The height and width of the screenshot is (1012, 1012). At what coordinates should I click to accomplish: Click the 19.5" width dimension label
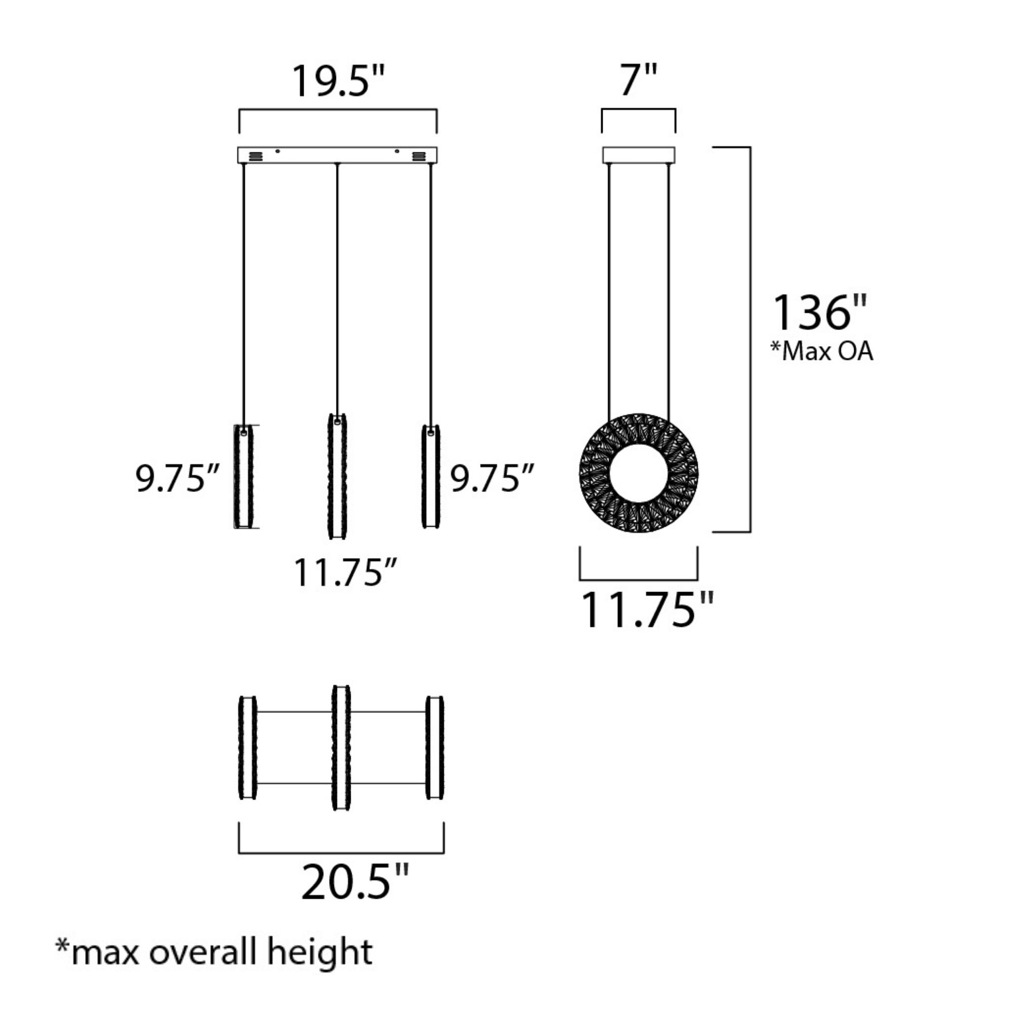338,80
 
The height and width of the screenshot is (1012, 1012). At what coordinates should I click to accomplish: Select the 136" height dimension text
820,312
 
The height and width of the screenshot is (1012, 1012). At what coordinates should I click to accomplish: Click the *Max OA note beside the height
822,351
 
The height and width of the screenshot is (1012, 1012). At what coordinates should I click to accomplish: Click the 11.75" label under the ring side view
647,609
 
